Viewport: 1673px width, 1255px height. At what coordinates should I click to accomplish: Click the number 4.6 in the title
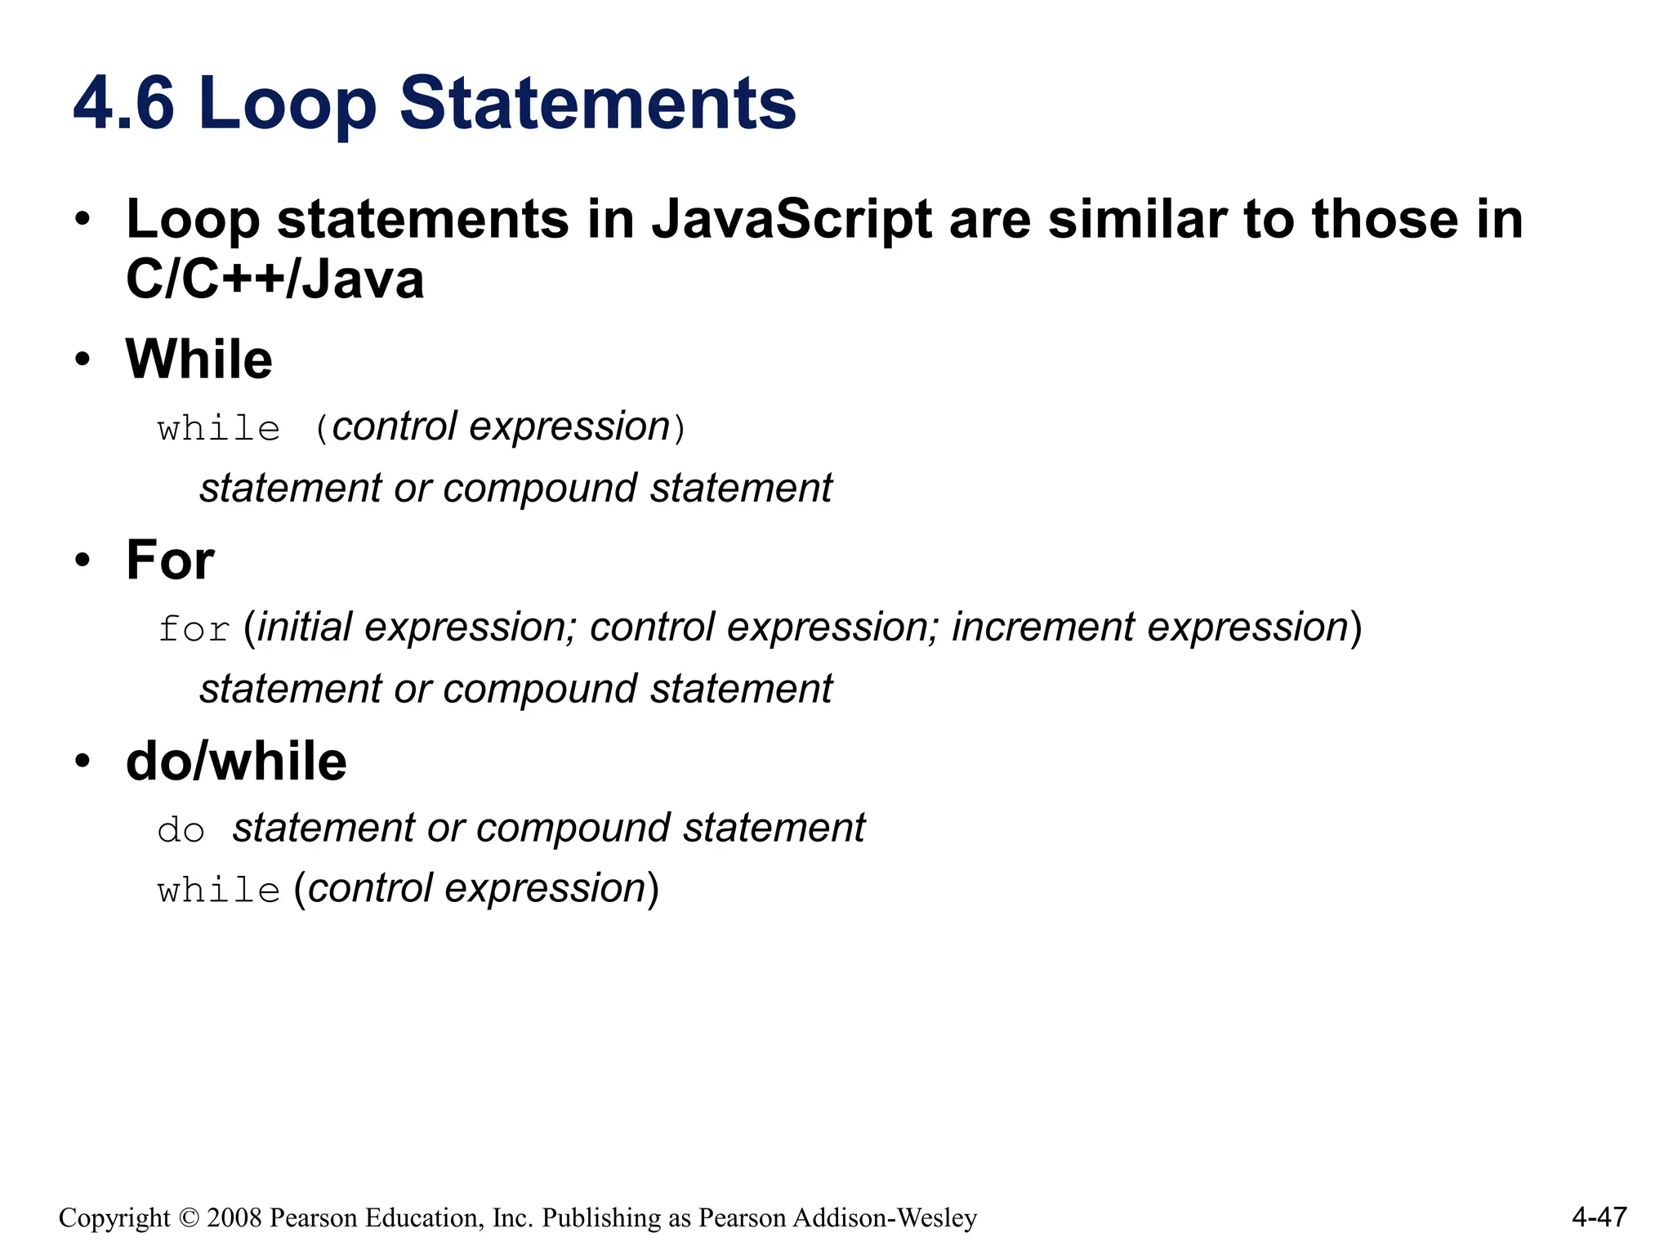coord(123,103)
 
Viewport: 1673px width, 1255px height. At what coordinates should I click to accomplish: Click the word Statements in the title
coord(597,103)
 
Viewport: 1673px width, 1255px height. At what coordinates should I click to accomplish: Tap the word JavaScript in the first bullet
coord(791,220)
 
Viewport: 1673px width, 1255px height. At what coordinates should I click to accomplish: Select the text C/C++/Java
coord(274,279)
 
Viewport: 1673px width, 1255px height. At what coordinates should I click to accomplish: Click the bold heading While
coord(199,360)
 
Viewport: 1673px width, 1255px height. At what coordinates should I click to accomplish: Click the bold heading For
coord(170,561)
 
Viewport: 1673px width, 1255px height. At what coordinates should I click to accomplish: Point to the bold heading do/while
coord(236,761)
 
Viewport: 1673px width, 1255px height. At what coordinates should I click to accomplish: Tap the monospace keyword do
coord(181,831)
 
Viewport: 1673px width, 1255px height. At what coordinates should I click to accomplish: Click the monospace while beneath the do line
coord(219,891)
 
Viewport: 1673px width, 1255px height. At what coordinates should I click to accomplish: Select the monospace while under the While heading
coord(219,429)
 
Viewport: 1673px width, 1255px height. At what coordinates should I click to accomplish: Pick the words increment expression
coord(1149,627)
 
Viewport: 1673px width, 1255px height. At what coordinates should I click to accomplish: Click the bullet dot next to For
coord(82,561)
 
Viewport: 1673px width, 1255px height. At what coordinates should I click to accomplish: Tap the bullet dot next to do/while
coord(82,761)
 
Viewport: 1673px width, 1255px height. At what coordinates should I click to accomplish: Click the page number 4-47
coord(1599,1217)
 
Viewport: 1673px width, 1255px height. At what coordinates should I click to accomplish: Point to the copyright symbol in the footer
coord(189,1218)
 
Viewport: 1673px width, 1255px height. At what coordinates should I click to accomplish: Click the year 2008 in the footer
coord(234,1218)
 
